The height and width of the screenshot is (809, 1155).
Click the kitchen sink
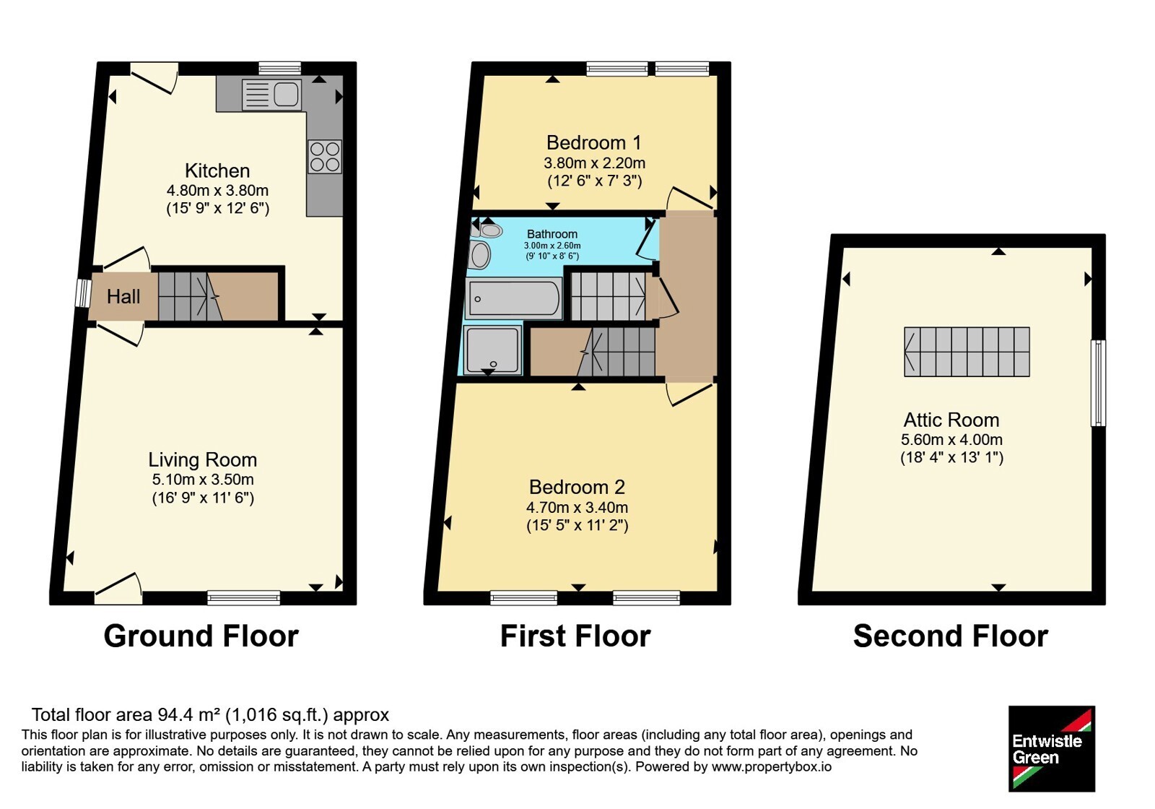coord(271,95)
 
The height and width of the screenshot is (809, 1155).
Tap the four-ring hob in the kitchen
coord(325,157)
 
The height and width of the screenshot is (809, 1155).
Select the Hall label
coord(123,297)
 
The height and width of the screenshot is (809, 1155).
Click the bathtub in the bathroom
coord(513,298)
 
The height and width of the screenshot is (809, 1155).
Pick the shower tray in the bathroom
coord(492,350)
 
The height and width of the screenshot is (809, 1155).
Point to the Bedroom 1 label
coord(594,142)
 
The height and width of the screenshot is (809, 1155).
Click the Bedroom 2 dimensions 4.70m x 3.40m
coord(577,508)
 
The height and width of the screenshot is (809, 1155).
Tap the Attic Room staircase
coord(967,352)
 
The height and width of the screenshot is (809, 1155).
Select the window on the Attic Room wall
coord(1098,383)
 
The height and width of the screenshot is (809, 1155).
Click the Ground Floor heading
coord(201,636)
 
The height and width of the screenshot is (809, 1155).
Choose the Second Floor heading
coord(950,636)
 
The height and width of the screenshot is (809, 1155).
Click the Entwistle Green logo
coord(1051,748)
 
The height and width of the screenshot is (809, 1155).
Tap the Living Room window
coord(244,598)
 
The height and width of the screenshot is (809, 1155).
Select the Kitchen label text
coord(217,170)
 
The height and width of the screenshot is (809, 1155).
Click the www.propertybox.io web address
coord(772,766)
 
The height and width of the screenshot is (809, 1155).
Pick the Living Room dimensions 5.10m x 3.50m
coord(203,480)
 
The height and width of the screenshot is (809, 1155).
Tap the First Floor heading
coord(575,636)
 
